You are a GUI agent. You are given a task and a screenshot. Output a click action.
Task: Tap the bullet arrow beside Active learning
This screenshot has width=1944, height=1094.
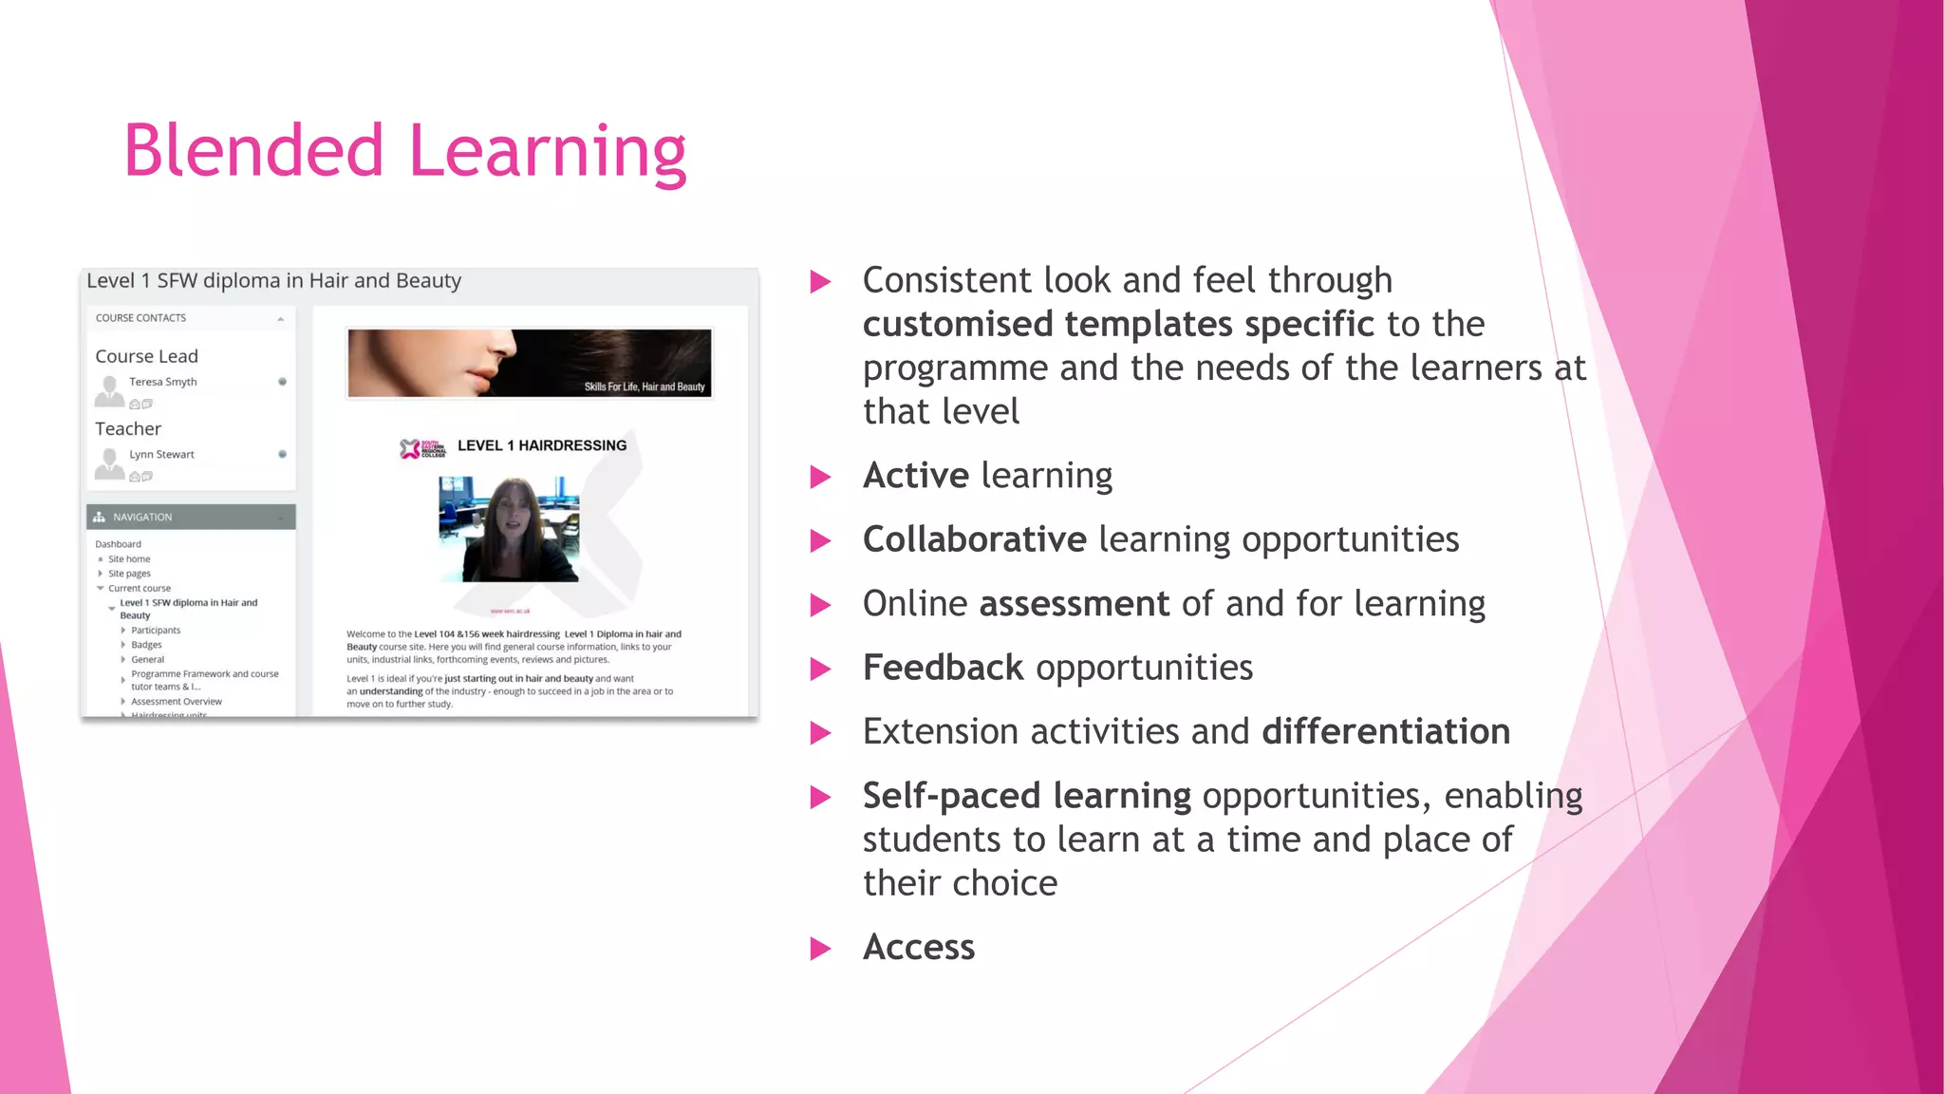[820, 477]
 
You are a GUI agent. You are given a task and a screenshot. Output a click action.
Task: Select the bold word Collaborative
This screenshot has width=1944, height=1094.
[974, 539]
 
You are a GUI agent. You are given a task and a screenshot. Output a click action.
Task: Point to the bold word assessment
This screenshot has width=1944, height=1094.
[1074, 604]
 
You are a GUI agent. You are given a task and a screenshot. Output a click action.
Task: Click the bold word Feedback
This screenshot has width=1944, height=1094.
[943, 668]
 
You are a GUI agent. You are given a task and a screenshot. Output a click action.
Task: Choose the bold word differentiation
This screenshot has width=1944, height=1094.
[1385, 732]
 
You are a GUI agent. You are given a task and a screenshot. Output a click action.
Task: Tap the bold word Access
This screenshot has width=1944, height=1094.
[918, 948]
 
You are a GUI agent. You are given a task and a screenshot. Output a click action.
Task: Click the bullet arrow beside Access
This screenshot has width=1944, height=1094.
[820, 949]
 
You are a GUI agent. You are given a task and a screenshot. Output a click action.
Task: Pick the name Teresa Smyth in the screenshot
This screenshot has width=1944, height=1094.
[163, 382]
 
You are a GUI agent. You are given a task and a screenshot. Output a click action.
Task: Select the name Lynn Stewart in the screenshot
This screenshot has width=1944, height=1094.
[161, 455]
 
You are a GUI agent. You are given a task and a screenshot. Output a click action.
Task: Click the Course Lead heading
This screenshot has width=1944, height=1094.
[146, 356]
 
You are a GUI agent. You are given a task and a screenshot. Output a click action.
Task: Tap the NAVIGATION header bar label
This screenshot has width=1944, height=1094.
[142, 518]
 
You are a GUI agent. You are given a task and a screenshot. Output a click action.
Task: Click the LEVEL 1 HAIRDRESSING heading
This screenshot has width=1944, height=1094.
[542, 445]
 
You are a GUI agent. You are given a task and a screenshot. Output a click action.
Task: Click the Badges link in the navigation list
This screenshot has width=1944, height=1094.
[146, 645]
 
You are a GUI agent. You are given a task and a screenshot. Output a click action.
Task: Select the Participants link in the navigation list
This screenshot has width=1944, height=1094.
[156, 631]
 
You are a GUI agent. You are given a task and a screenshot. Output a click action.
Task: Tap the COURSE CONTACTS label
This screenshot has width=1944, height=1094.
[140, 318]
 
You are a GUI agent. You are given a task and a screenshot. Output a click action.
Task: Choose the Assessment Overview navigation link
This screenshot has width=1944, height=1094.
[177, 702]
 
